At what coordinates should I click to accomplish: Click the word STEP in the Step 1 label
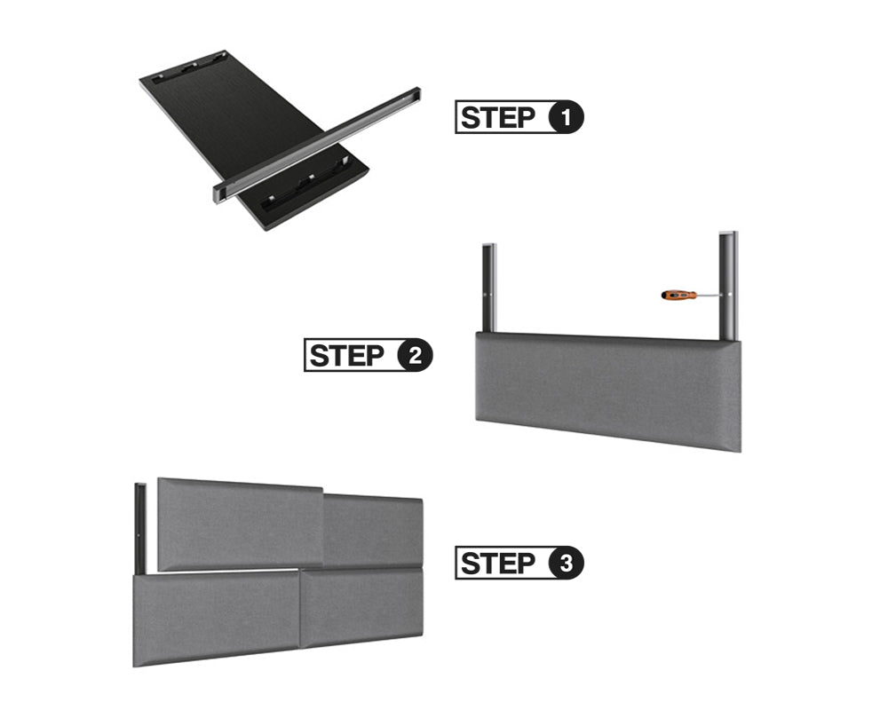498,117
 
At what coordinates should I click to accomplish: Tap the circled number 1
566,117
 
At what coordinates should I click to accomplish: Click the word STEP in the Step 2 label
346,356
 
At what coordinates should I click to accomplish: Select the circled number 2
415,356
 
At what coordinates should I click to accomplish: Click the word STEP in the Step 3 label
498,564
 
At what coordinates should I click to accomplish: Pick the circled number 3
566,564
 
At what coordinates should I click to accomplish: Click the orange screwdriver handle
678,295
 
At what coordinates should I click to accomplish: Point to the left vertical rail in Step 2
489,288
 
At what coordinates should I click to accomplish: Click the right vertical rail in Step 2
728,286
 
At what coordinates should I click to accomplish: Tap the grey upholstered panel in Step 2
608,390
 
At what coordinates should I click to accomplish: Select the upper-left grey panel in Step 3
241,524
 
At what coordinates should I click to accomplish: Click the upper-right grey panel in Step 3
373,531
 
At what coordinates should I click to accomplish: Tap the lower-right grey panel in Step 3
362,606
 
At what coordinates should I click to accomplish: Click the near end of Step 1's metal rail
219,193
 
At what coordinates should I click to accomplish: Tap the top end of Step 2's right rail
728,233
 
